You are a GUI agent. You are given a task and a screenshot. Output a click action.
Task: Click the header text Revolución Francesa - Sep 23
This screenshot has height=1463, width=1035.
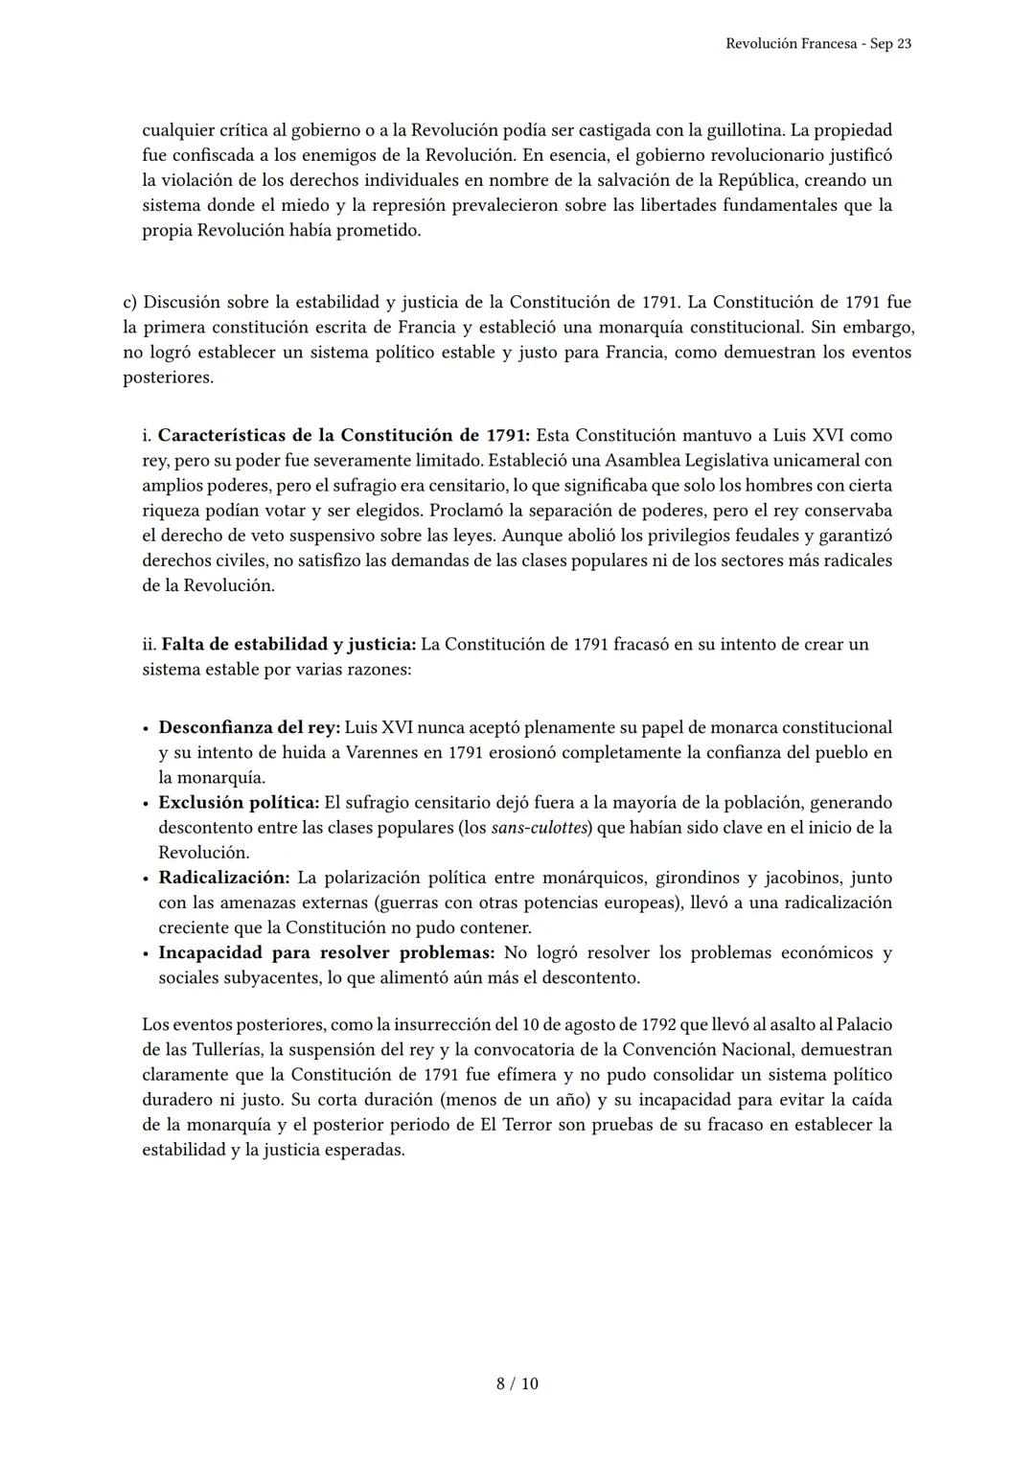point(818,44)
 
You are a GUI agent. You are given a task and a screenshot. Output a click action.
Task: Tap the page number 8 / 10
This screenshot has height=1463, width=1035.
point(517,1383)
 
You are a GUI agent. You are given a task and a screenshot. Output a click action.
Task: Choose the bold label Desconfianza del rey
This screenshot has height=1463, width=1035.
point(248,728)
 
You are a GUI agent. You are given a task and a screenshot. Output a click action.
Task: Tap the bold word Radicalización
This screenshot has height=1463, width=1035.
point(223,878)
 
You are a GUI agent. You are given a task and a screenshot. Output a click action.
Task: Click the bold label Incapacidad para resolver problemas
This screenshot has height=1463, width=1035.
point(326,952)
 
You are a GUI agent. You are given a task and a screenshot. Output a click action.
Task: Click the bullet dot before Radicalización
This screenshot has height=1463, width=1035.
point(146,879)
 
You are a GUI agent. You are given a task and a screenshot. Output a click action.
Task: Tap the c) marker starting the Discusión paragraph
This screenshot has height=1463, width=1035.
point(130,303)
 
